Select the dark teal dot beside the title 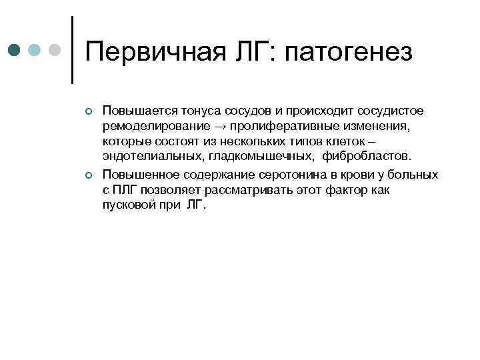tap(14, 51)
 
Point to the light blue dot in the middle tap(35, 51)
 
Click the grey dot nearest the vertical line tap(55, 51)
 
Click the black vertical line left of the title tap(71, 50)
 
